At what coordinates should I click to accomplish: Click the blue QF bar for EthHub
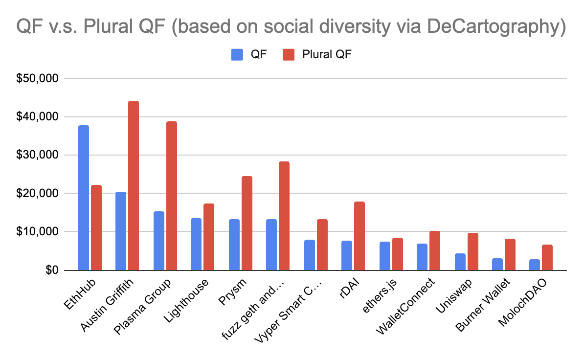84,198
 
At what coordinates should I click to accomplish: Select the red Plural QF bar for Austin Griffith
134,185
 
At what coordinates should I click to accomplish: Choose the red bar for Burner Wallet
510,254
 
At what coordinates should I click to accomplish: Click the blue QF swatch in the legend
237,54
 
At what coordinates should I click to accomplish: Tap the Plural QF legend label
327,54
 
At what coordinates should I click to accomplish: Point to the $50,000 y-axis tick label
38,79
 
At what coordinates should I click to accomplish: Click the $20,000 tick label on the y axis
38,194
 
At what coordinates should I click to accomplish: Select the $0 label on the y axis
50,270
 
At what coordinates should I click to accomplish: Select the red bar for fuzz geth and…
284,216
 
